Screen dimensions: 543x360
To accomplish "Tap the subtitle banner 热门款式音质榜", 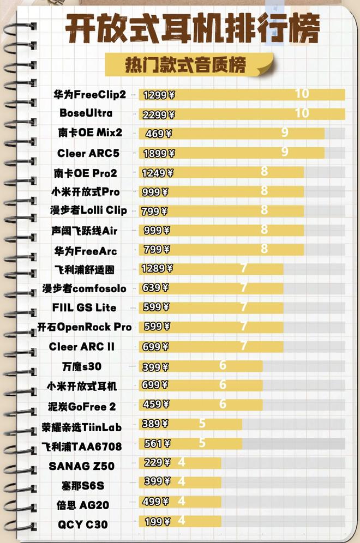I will [186, 64].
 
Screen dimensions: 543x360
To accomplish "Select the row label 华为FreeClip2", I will [90, 94].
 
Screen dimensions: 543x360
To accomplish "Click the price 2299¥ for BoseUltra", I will [159, 114].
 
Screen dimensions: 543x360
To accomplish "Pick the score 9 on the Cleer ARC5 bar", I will [284, 152].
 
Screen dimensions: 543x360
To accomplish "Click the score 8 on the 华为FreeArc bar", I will [264, 249].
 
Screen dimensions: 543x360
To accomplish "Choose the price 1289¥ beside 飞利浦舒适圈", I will [157, 268].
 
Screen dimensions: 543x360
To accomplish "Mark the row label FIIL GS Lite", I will [85, 307].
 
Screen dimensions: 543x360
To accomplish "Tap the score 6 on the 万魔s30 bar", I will [223, 365].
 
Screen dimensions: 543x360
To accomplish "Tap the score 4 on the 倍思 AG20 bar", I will [182, 501].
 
